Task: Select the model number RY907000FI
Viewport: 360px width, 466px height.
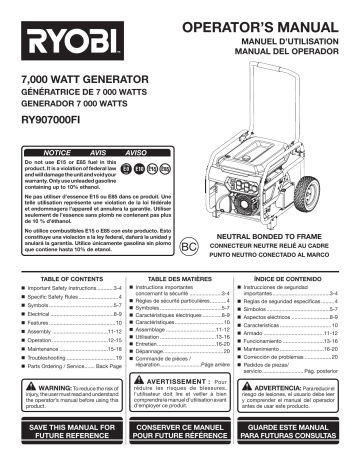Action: click(x=65, y=128)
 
